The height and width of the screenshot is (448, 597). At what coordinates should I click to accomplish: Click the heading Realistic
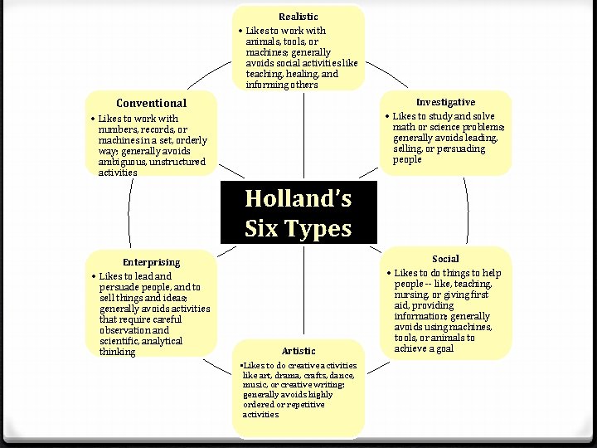point(298,17)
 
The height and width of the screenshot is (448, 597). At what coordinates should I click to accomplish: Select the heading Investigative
point(446,102)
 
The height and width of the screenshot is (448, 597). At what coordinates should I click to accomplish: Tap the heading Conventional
point(151,104)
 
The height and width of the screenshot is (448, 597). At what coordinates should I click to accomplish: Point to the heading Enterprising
point(151,262)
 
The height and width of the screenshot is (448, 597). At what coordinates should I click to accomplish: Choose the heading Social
point(445,259)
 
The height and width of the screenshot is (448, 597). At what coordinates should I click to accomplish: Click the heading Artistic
point(298,351)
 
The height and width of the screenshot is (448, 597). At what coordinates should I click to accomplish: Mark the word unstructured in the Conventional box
point(169,163)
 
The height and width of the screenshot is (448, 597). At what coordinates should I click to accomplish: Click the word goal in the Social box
point(443,348)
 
